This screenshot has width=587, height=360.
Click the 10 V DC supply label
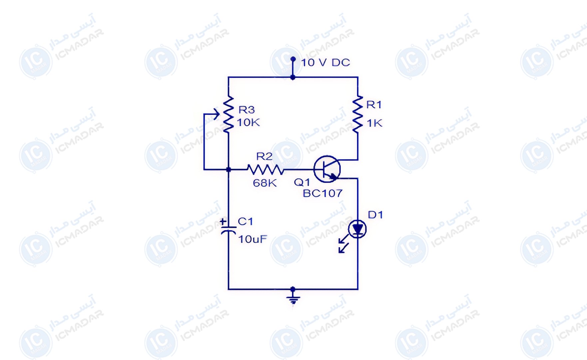325,62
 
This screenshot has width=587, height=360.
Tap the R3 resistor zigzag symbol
229,115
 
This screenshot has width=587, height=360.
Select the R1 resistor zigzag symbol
358,114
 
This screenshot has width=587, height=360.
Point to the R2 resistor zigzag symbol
266,170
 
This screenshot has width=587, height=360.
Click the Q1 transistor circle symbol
327,169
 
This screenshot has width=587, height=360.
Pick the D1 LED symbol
357,229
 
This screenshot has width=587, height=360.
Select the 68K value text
265,183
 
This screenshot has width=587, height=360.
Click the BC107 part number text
322,193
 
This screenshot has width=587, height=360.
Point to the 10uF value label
253,239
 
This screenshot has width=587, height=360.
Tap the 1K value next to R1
374,123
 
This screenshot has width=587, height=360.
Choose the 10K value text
249,123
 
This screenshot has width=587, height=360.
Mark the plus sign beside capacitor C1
223,221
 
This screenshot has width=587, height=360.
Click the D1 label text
375,215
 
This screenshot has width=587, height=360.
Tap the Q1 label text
302,182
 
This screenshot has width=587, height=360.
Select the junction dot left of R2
229,170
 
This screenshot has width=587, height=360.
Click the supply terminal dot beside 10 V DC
293,59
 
